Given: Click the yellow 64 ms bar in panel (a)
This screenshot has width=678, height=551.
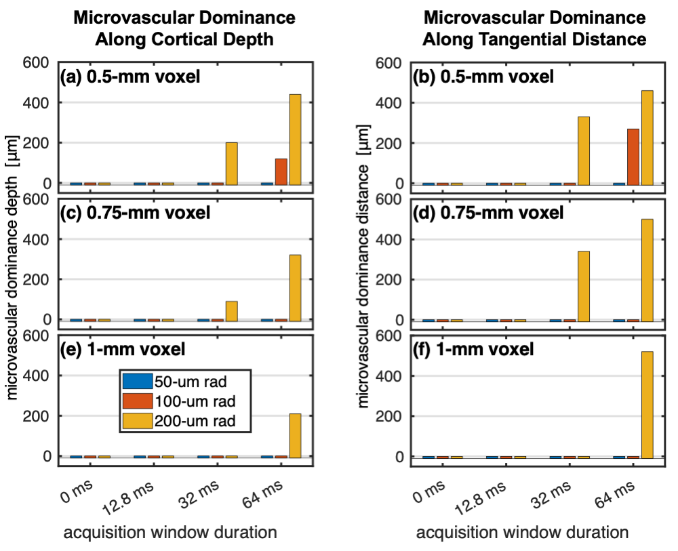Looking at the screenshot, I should point(295,139).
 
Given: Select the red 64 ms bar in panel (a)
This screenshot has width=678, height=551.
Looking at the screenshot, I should point(281,171).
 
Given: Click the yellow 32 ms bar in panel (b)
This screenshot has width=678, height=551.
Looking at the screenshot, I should point(584,150).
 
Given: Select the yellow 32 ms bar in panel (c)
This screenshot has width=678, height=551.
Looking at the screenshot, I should point(231,310).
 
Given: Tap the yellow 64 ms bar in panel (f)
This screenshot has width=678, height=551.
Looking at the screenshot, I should point(647,405).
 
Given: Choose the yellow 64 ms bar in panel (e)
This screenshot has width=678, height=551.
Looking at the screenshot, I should point(295,435).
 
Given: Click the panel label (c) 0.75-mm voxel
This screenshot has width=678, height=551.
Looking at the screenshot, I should point(136,213).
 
